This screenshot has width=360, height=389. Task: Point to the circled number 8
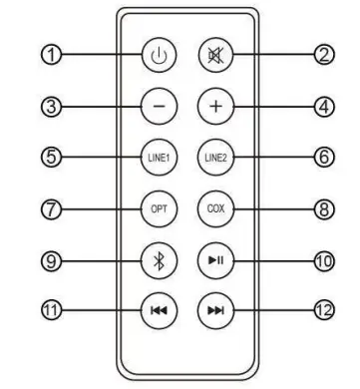295,209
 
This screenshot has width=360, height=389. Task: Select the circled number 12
295,310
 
